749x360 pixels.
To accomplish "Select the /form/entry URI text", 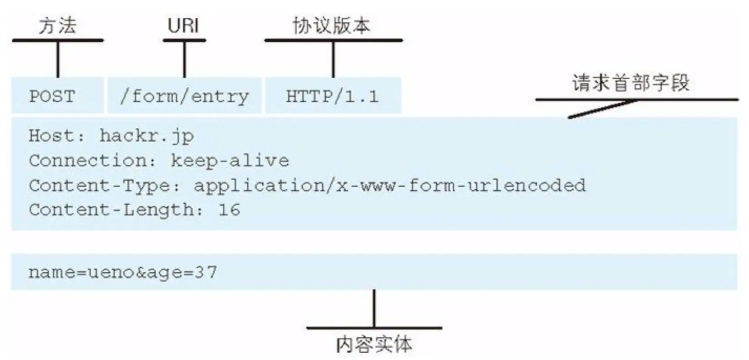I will point(184,96).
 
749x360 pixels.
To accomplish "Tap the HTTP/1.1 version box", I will point(332,96).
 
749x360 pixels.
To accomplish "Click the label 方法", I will point(57,26).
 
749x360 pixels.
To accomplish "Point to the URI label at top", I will point(184,26).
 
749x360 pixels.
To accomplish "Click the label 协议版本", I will point(331,26).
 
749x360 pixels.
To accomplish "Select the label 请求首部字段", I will point(630,83).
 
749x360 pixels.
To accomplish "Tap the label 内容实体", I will point(374,344).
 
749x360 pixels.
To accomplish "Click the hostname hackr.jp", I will point(146,136).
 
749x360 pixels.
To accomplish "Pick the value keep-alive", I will point(230,160).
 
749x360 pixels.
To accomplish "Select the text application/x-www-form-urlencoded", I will point(389,185).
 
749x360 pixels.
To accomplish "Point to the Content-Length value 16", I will point(230,210).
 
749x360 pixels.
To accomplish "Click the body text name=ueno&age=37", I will point(123,272).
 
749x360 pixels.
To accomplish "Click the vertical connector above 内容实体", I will point(374,308).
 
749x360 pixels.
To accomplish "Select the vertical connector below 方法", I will point(58,59).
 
